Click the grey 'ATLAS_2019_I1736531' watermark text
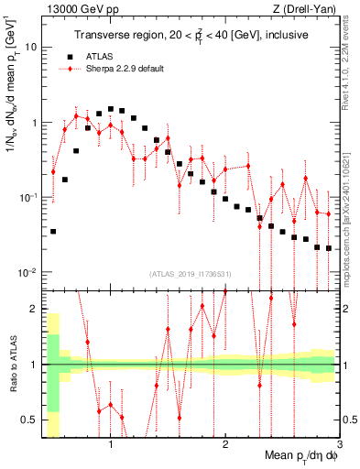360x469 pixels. coord(189,274)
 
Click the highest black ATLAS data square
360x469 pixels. coord(111,109)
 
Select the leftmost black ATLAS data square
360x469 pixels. coord(53,232)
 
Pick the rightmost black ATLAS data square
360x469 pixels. coord(329,248)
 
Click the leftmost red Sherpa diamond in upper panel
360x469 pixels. coord(53,171)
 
